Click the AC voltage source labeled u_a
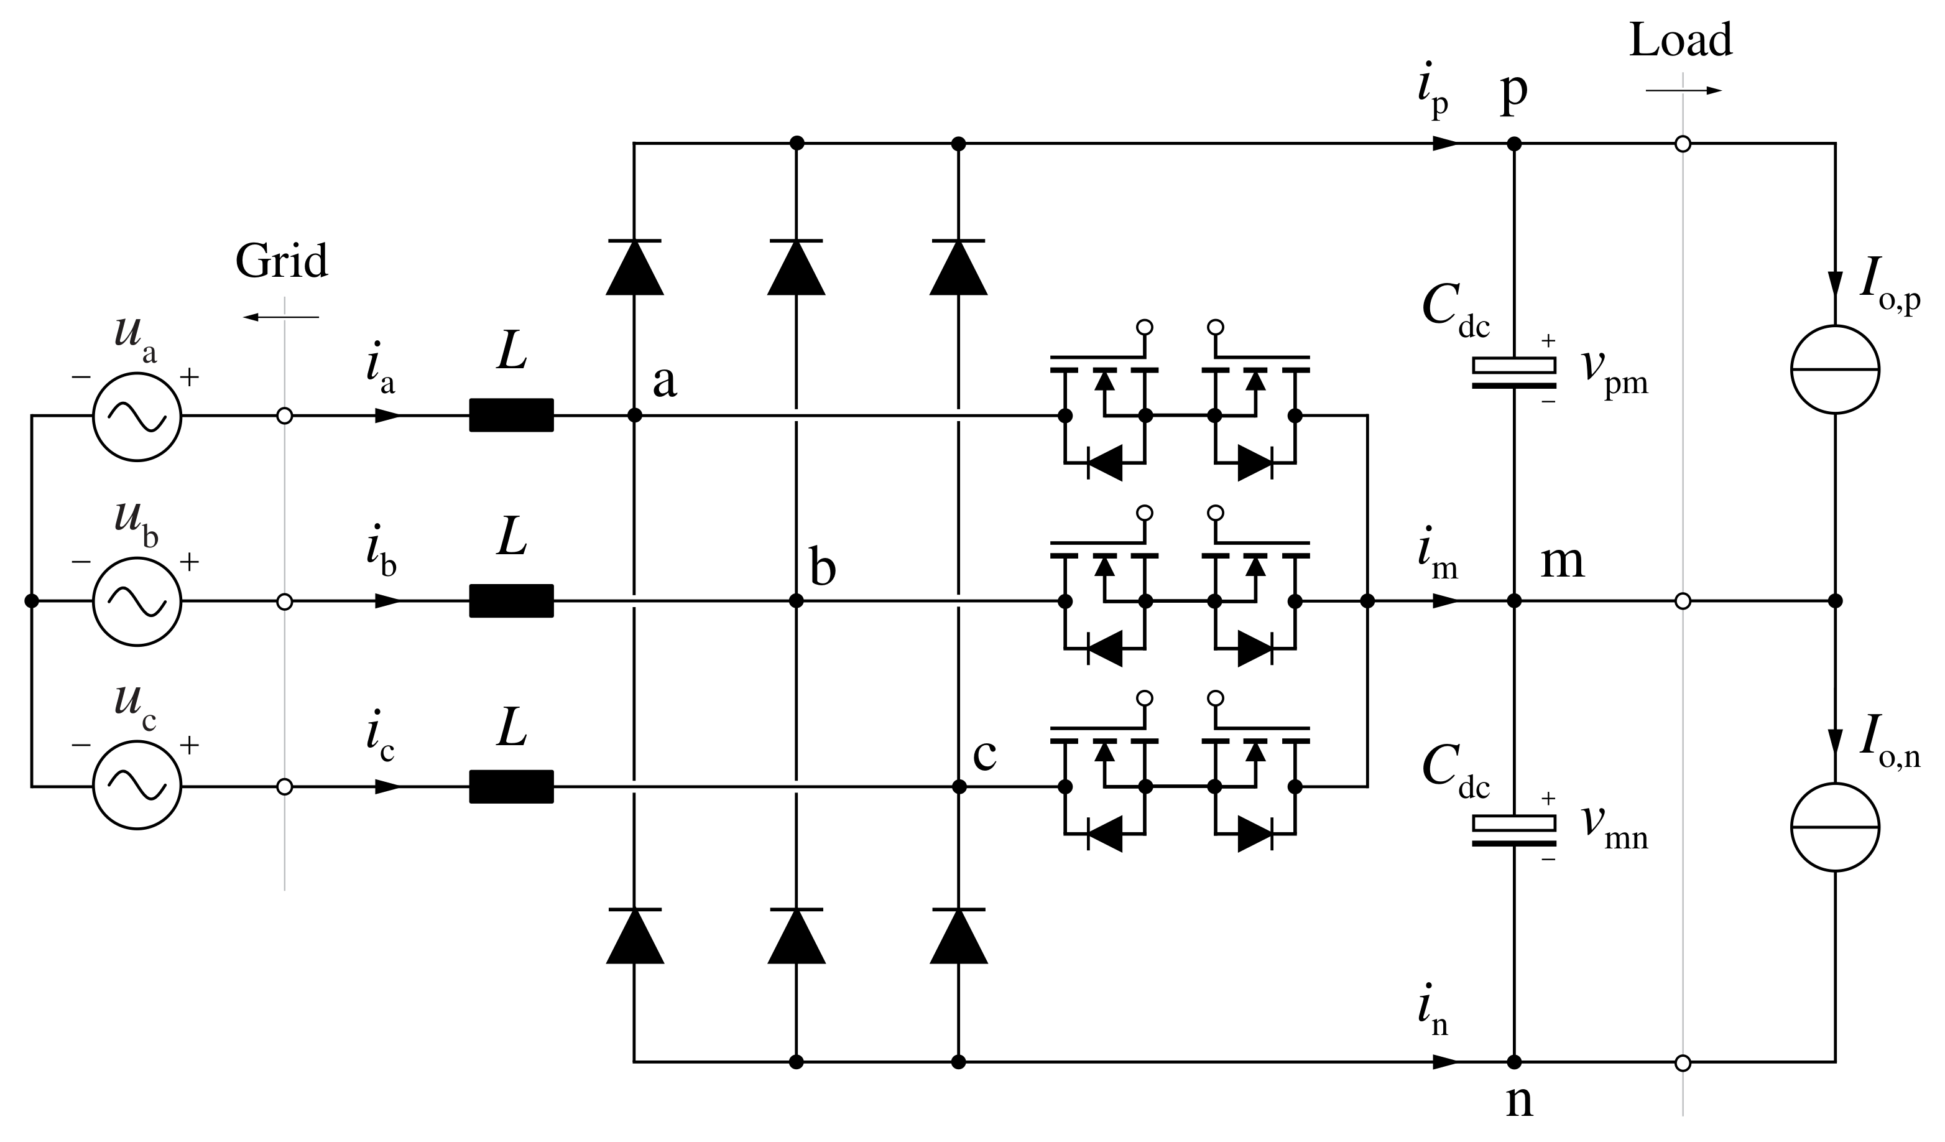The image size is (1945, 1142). coord(137,417)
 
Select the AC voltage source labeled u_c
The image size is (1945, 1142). coord(137,786)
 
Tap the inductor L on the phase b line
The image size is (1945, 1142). coord(511,601)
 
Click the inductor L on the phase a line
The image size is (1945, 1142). coord(511,415)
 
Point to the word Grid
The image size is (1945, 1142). coord(282,262)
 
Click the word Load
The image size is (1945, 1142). coord(1680,40)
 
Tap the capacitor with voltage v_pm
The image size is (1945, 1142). coord(1513,372)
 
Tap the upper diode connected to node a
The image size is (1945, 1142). coord(634,267)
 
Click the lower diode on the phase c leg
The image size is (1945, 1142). coord(959,936)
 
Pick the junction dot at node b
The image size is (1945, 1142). coord(797,601)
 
